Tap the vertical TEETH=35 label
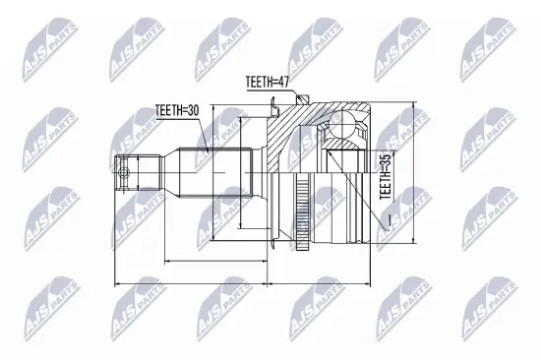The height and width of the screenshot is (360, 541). (385, 174)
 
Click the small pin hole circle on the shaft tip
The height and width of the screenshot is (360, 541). (123, 175)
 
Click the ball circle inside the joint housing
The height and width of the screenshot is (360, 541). (346, 126)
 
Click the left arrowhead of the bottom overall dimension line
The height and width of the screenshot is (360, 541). (118, 285)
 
